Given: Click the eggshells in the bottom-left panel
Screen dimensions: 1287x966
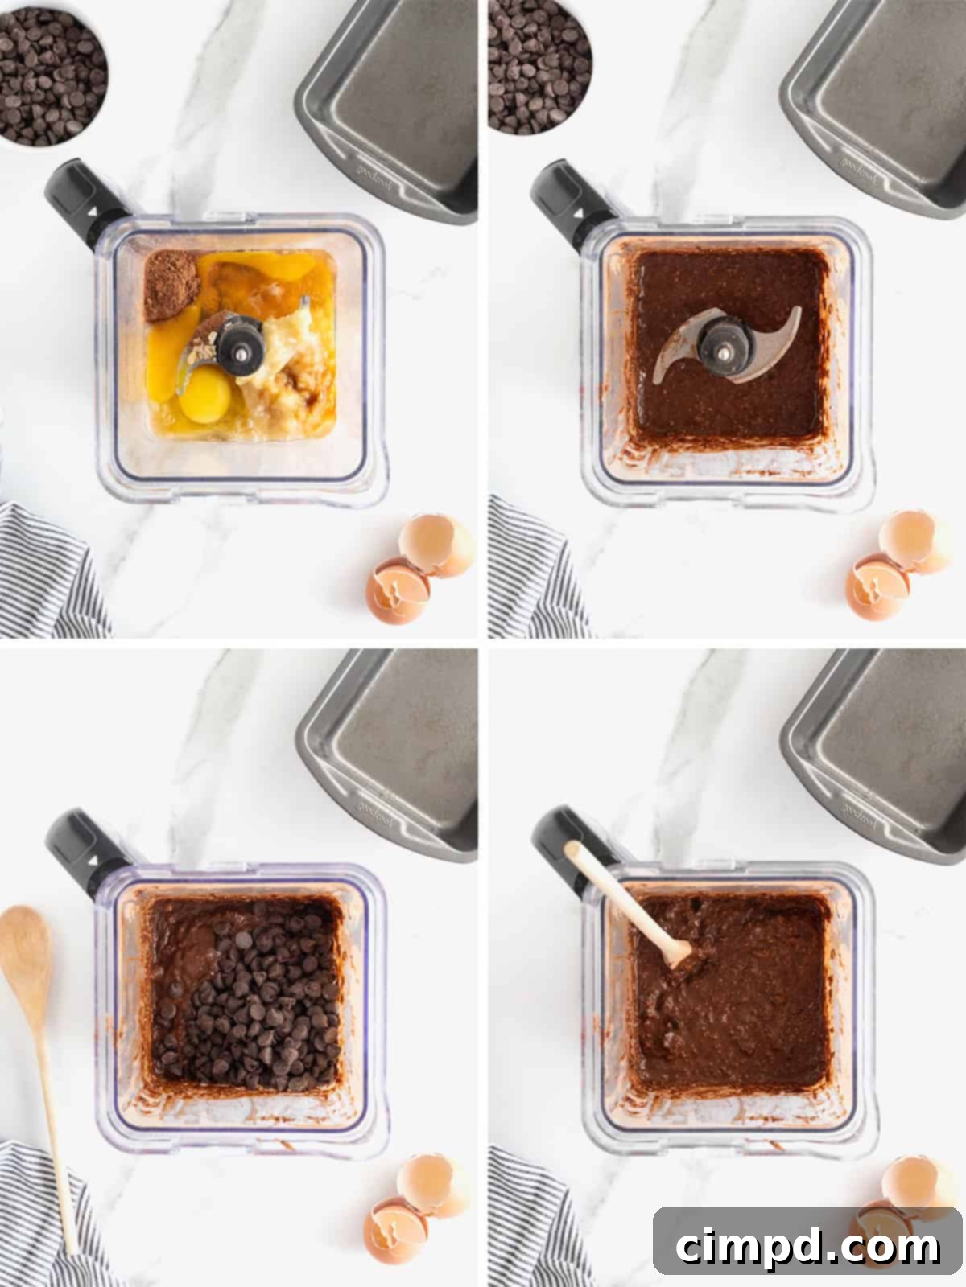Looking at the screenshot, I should tap(415, 1207).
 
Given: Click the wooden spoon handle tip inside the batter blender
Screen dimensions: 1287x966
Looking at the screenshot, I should tap(573, 851).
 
